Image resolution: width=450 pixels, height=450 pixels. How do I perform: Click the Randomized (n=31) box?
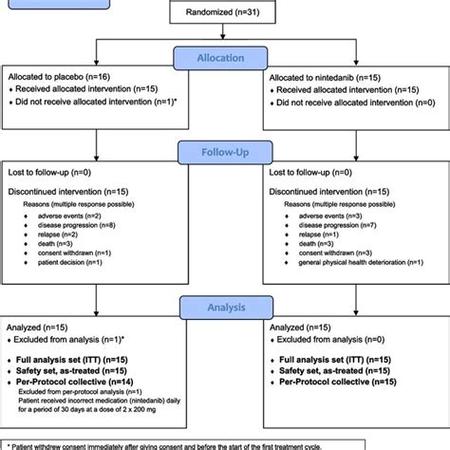224,11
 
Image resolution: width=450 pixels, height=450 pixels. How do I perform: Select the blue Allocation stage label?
225,58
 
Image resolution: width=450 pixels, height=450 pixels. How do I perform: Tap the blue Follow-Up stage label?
225,151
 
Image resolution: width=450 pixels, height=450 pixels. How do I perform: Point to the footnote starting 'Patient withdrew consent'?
225,442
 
